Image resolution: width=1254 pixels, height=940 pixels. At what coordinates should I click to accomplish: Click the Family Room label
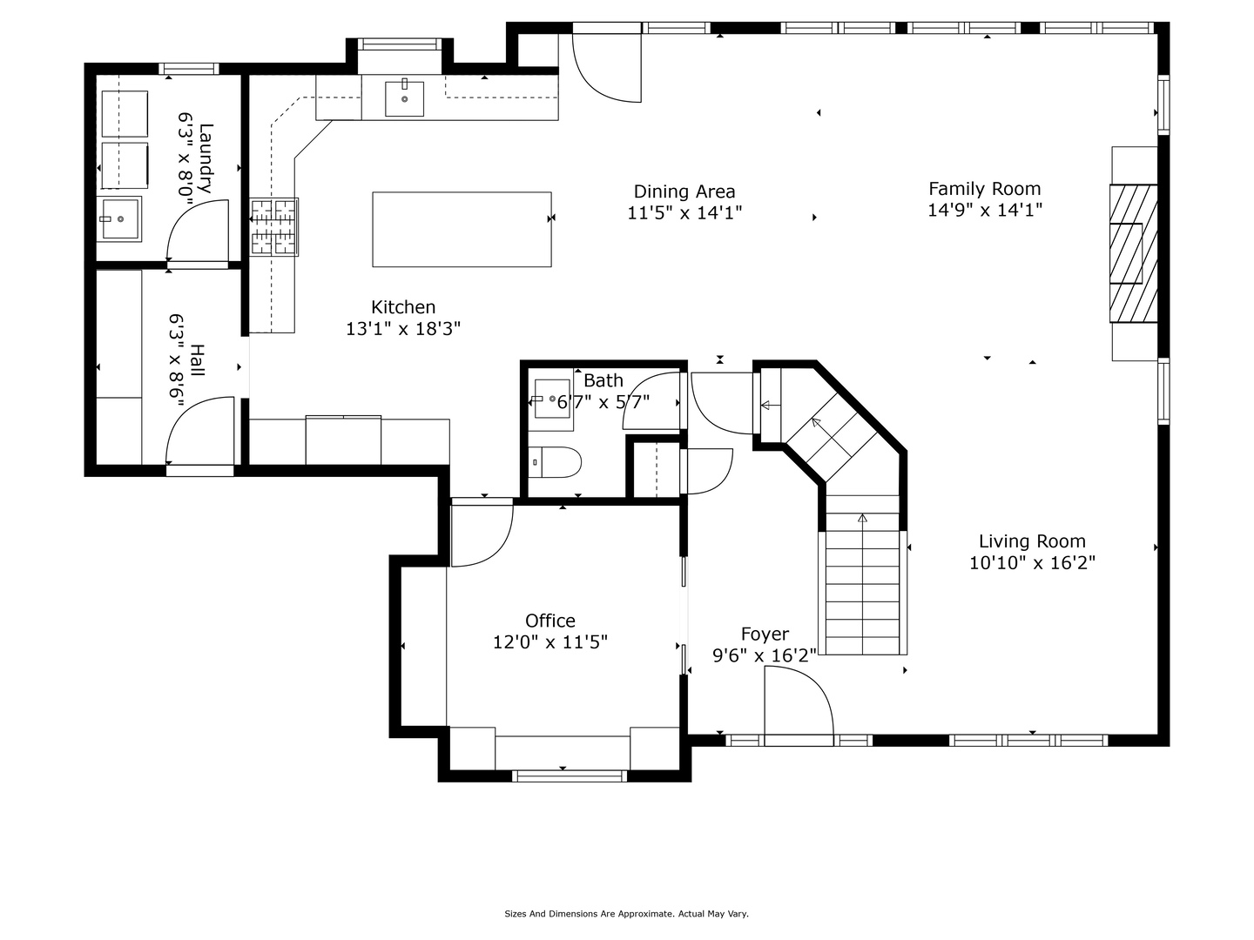pyautogui.click(x=984, y=189)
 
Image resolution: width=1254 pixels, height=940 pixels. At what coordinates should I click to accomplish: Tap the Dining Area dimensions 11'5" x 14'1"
pyautogui.click(x=684, y=213)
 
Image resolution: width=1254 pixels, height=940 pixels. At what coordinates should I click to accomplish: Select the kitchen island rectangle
pyautogui.click(x=462, y=230)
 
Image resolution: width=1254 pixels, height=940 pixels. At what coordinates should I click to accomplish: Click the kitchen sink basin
pyautogui.click(x=404, y=98)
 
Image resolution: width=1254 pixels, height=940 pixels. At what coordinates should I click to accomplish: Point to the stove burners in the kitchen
pyautogui.click(x=274, y=226)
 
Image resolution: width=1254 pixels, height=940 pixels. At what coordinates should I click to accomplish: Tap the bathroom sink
pyautogui.click(x=551, y=399)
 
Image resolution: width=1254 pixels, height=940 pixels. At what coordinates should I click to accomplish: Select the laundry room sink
pyautogui.click(x=118, y=219)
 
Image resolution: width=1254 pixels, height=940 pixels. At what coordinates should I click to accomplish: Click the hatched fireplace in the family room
pyautogui.click(x=1134, y=253)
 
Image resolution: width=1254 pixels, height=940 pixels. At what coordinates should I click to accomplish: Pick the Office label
pyautogui.click(x=550, y=621)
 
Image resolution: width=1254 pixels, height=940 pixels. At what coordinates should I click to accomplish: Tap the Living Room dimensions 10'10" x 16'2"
pyautogui.click(x=1032, y=563)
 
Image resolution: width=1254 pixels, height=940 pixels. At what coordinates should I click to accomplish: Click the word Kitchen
pyautogui.click(x=403, y=307)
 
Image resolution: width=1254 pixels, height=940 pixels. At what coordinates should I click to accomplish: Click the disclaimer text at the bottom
pyautogui.click(x=626, y=914)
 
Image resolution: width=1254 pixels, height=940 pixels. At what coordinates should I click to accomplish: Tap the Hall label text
pyautogui.click(x=197, y=359)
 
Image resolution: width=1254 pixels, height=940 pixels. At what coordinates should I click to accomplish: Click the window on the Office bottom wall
pyautogui.click(x=569, y=776)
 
